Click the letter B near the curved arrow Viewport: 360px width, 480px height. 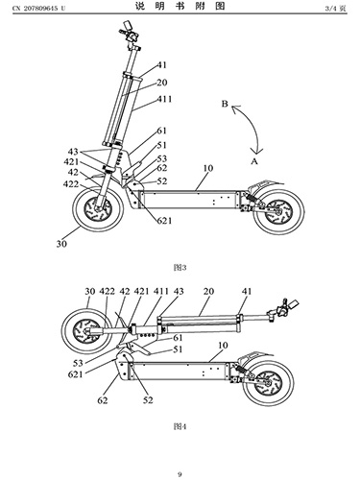pyautogui.click(x=225, y=104)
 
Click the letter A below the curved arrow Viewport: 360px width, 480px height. pyautogui.click(x=254, y=161)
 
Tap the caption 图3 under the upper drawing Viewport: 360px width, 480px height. pyautogui.click(x=180, y=267)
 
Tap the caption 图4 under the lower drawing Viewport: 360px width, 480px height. pyautogui.click(x=180, y=426)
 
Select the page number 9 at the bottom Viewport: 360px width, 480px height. pyautogui.click(x=180, y=474)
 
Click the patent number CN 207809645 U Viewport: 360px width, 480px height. pyautogui.click(x=38, y=9)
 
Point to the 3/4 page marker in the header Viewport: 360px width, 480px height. pyautogui.click(x=335, y=9)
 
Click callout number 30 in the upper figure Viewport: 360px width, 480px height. pyautogui.click(x=61, y=244)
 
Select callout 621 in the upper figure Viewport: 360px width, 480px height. pyautogui.click(x=164, y=221)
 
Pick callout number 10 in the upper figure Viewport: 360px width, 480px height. pyautogui.click(x=207, y=168)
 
